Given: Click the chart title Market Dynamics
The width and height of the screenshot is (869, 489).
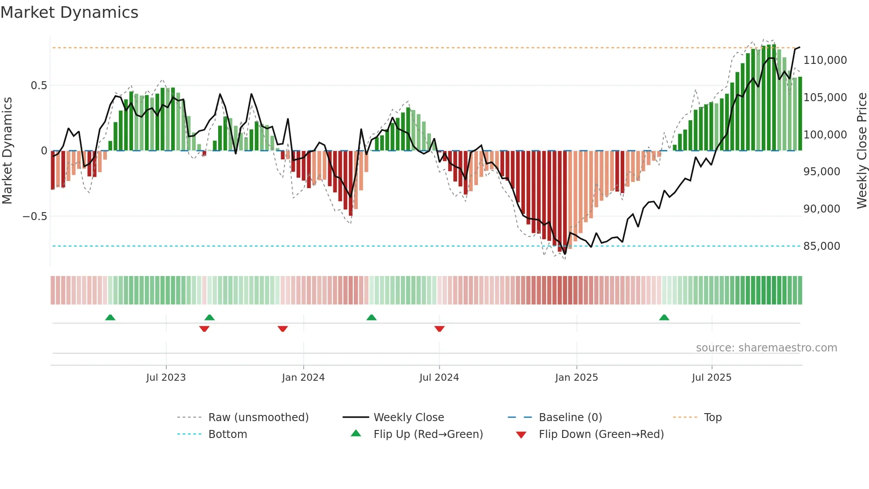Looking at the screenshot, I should pyautogui.click(x=70, y=12).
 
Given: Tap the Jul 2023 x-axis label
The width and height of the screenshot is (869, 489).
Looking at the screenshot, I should pyautogui.click(x=166, y=378).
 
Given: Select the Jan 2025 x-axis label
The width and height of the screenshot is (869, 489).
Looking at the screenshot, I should pyautogui.click(x=576, y=378).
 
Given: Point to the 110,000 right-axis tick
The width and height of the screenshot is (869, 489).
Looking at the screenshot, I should pyautogui.click(x=825, y=60).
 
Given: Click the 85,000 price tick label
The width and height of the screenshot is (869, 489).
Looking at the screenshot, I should pyautogui.click(x=822, y=246).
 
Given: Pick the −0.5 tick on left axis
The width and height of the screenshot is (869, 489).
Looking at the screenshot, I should pyautogui.click(x=35, y=217).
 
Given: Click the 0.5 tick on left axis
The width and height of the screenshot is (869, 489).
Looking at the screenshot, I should pyautogui.click(x=39, y=86).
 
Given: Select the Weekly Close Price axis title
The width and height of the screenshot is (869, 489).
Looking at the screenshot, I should pyautogui.click(x=861, y=151).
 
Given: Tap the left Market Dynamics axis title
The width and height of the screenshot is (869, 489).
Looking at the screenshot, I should pyautogui.click(x=7, y=151).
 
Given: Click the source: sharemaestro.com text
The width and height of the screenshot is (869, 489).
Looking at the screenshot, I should pyautogui.click(x=766, y=348).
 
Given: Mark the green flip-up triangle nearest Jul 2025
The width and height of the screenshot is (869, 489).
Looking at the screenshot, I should pyautogui.click(x=664, y=318).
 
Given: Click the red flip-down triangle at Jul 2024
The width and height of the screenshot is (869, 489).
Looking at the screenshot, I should pyautogui.click(x=439, y=329).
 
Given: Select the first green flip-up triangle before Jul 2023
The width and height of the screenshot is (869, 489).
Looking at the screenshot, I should pyautogui.click(x=110, y=318).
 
